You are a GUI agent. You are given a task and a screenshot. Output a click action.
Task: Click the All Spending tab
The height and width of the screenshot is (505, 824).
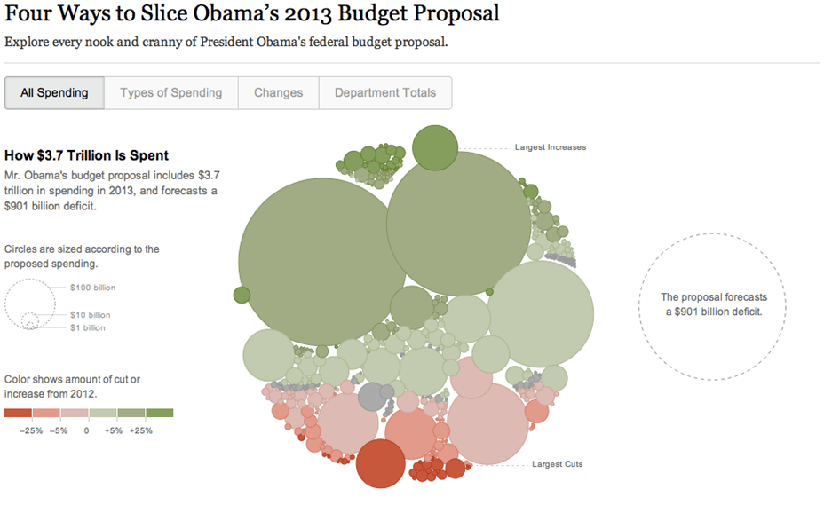click(54, 93)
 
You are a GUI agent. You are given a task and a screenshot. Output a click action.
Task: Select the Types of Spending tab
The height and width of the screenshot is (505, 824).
click(170, 93)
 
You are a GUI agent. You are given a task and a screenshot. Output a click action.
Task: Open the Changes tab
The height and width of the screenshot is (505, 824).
click(278, 93)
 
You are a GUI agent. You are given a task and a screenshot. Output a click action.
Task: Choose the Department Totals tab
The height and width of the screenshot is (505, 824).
click(384, 93)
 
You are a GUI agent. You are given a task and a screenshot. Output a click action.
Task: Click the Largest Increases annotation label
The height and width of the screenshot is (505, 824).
click(550, 147)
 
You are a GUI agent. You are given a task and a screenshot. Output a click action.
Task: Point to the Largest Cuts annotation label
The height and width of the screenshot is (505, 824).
click(557, 464)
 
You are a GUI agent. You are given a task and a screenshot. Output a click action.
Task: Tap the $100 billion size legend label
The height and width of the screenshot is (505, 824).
click(92, 288)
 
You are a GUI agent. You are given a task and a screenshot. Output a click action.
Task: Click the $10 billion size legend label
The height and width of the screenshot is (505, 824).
click(91, 315)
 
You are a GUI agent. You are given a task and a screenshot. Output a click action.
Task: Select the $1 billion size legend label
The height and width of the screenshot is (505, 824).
click(88, 327)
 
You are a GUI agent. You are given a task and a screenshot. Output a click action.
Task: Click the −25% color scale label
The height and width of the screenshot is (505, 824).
click(32, 430)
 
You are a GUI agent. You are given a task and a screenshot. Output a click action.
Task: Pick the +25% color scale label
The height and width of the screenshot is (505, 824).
click(140, 430)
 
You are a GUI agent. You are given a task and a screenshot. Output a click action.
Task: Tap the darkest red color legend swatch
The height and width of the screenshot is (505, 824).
click(18, 413)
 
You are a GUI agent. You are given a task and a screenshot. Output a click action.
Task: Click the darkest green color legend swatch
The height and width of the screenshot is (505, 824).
click(159, 413)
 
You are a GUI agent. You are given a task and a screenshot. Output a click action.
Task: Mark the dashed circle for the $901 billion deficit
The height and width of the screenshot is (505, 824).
click(711, 307)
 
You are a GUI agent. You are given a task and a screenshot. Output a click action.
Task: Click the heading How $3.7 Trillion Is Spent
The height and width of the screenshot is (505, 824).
click(86, 156)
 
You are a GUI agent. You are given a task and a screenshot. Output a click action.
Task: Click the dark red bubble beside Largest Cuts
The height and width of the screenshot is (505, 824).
click(381, 464)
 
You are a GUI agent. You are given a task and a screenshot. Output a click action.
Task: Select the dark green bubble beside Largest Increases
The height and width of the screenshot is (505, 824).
click(435, 147)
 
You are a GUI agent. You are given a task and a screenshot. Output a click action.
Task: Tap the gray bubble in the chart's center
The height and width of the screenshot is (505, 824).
click(373, 398)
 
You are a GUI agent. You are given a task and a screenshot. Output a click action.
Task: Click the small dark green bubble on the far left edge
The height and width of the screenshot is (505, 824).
click(242, 295)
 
